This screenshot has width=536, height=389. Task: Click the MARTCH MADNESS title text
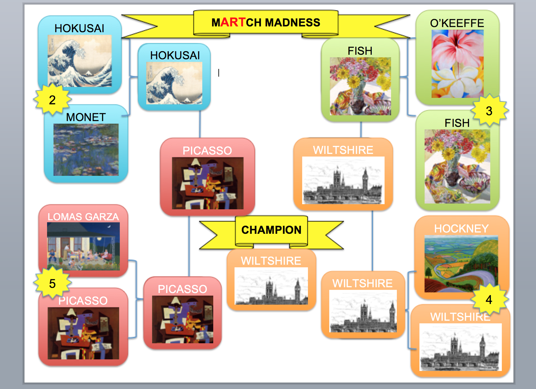pos(266,23)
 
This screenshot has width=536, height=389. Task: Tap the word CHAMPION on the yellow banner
pos(271,230)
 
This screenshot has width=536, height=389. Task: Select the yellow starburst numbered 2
pos(52,100)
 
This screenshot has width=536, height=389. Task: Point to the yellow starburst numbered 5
pos(52,283)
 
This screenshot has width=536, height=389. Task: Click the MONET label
pos(86,117)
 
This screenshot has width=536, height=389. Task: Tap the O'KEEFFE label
pos(457,23)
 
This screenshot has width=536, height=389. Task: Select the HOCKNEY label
pos(461,229)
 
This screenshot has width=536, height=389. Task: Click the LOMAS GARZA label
pos(83,217)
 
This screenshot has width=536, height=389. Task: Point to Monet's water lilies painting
pos(86,150)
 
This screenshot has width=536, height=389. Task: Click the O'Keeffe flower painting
pos(457,64)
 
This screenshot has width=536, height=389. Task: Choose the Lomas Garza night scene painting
pos(83,246)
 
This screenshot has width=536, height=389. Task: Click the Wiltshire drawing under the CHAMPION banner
pos(271,286)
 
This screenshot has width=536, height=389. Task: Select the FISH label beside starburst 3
pos(457,123)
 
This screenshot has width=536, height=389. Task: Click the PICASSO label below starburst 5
pos(83,301)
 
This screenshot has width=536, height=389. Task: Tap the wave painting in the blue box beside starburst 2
pos(80,61)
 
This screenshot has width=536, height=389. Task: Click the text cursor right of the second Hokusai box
pos(219,73)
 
